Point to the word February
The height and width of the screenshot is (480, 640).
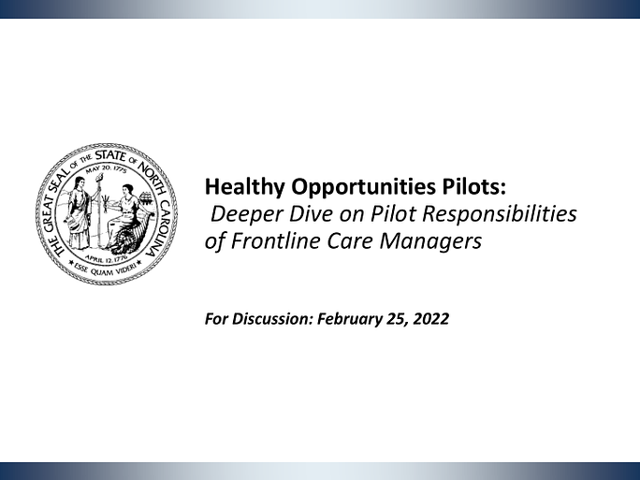(x=349, y=319)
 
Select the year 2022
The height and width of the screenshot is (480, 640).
(x=431, y=318)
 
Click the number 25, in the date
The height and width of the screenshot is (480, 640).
(x=397, y=319)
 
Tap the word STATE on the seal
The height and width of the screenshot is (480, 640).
(x=109, y=156)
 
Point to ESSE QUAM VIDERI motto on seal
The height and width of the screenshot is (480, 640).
(x=107, y=269)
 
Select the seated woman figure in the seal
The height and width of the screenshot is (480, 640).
(x=124, y=217)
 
